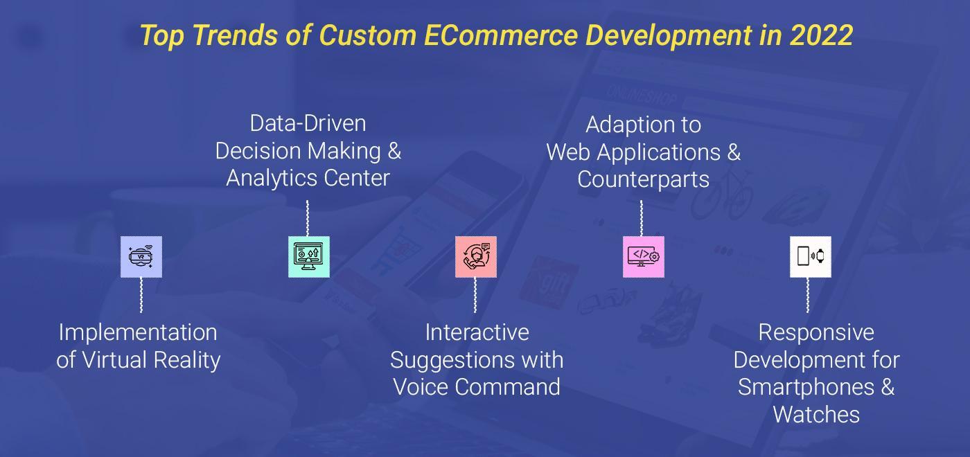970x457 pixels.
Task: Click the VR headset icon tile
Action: (x=141, y=257)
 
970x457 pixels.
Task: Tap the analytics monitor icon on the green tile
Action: (x=308, y=256)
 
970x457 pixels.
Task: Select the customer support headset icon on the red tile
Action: (x=476, y=256)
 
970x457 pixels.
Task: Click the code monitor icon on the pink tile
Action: (x=644, y=257)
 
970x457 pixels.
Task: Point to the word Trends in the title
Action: (x=235, y=35)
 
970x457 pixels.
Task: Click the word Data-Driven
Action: (x=308, y=123)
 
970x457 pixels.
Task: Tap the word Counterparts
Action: (x=644, y=179)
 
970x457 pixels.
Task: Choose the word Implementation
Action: (x=138, y=333)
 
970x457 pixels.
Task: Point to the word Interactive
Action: (x=477, y=333)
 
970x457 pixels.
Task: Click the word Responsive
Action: (x=816, y=333)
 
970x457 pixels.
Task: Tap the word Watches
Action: (x=816, y=415)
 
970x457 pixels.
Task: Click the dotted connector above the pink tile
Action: (x=642, y=218)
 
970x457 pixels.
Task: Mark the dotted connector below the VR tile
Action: (x=141, y=295)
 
